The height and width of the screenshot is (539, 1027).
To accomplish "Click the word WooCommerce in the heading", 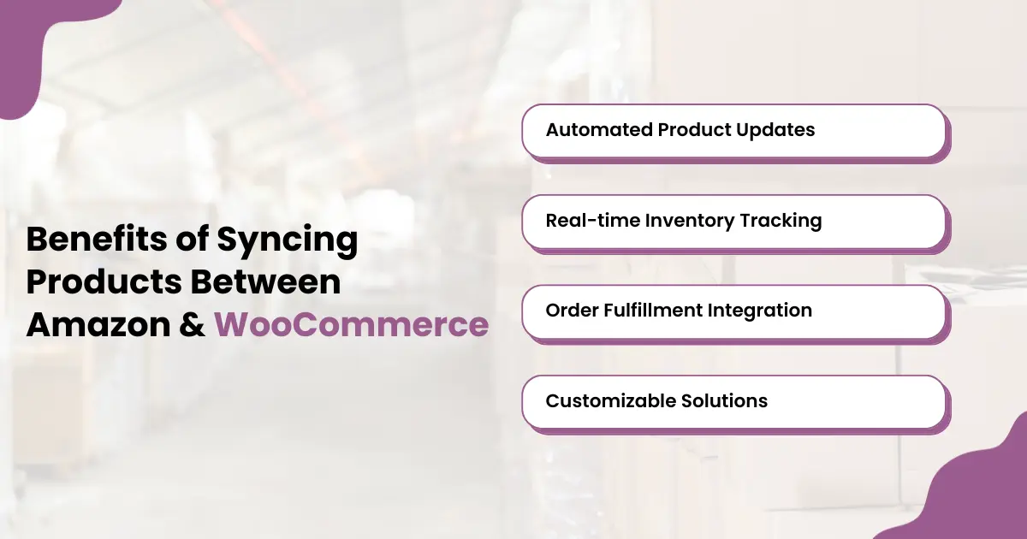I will coord(351,325).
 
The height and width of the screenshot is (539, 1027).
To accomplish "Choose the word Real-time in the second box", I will coord(591,221).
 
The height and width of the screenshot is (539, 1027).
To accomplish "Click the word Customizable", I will coord(609,400).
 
